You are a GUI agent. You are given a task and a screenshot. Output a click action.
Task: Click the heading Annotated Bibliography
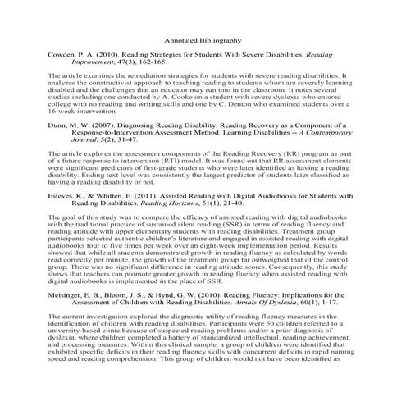pyautogui.click(x=203, y=39)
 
